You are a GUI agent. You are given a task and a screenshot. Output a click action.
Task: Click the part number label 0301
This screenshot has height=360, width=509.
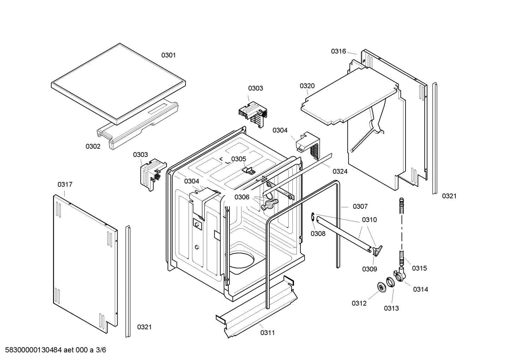[x=168, y=55]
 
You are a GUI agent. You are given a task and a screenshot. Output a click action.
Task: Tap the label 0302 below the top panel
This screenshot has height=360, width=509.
[x=93, y=146]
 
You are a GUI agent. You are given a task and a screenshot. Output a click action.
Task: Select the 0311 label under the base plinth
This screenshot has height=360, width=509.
[x=268, y=332]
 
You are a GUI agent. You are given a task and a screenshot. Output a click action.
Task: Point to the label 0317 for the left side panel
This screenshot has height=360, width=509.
[x=65, y=184]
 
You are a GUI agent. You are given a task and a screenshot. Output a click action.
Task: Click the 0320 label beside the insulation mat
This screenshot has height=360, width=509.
[x=307, y=86]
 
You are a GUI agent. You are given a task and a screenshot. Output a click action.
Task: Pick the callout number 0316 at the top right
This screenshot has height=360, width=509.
[x=338, y=51]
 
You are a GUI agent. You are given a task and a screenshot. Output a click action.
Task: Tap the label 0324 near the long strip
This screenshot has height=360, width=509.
[x=340, y=171]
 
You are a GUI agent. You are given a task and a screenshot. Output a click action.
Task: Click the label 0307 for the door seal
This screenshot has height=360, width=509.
[x=360, y=206]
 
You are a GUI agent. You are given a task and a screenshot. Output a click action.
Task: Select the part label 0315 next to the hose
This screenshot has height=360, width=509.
[x=419, y=268]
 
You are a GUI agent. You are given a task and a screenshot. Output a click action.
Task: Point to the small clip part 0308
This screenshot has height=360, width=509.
[x=313, y=218]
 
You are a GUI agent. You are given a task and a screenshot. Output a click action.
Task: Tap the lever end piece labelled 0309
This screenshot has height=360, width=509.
[x=377, y=250]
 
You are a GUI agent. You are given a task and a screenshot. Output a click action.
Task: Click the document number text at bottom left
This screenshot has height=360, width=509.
[x=53, y=350]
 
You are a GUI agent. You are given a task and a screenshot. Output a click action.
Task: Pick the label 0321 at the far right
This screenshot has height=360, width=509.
[x=449, y=196]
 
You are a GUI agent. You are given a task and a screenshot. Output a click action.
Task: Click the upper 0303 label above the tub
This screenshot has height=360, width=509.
[x=255, y=88]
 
